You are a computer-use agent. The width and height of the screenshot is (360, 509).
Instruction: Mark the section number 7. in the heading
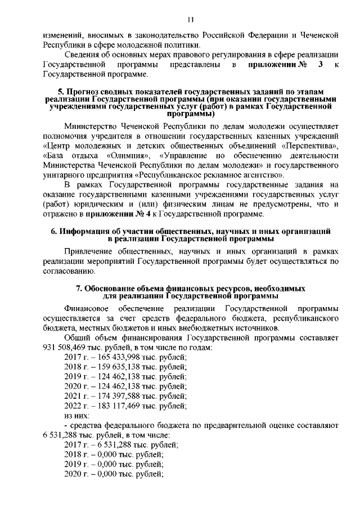point(79,288)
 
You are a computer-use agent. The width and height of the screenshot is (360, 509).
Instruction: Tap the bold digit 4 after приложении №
point(152,213)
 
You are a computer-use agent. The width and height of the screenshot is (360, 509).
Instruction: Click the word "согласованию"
point(64,272)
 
